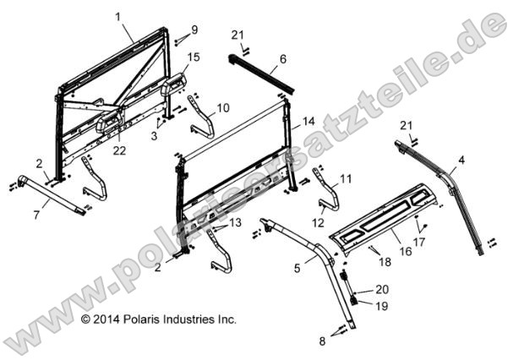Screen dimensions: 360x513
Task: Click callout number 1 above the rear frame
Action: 117,16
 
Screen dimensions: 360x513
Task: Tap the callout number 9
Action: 194,30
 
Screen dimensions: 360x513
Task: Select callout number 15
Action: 194,57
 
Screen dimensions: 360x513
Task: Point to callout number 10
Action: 223,108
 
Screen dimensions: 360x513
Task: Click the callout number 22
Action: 119,150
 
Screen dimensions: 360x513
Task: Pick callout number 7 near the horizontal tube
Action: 35,216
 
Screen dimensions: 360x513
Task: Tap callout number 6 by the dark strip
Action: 283,59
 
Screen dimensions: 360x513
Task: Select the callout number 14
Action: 309,120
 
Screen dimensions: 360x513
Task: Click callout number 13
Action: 234,221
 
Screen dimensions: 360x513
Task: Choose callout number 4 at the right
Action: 461,159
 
